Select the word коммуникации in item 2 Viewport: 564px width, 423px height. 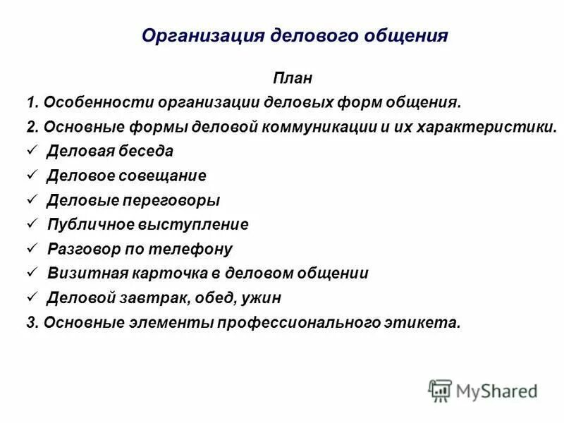click(x=314, y=128)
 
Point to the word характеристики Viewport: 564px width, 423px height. click(x=479, y=128)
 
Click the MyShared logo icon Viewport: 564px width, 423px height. click(x=439, y=391)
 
